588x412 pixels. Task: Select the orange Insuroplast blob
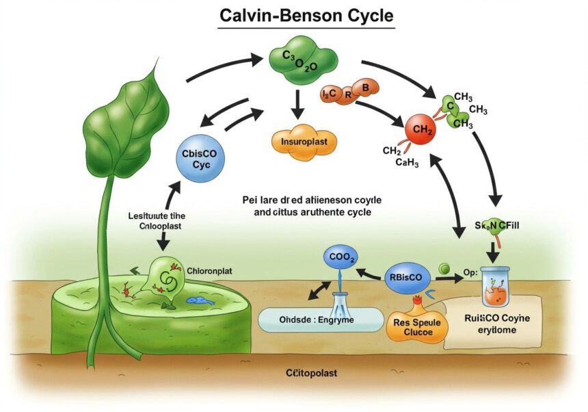click(x=300, y=142)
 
